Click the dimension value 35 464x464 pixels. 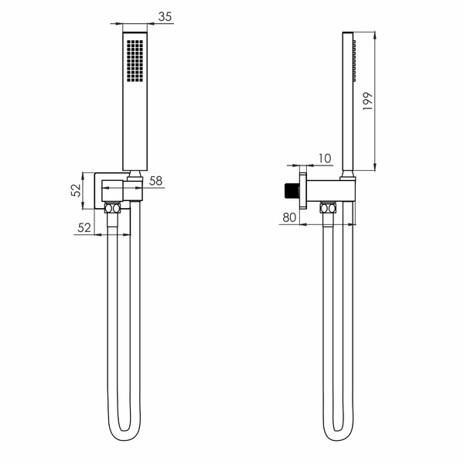pos(165,16)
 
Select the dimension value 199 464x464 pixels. pos(367,101)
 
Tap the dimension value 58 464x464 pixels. pos(155,181)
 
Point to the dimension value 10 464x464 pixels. pos(325,159)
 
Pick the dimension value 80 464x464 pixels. pos(289,217)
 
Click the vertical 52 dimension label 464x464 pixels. pos(76,190)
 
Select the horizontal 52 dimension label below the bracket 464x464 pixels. pos(84,227)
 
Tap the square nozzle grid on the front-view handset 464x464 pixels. pos(135,60)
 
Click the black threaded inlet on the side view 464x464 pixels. pos(292,191)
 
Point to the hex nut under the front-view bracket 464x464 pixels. pos(112,208)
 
